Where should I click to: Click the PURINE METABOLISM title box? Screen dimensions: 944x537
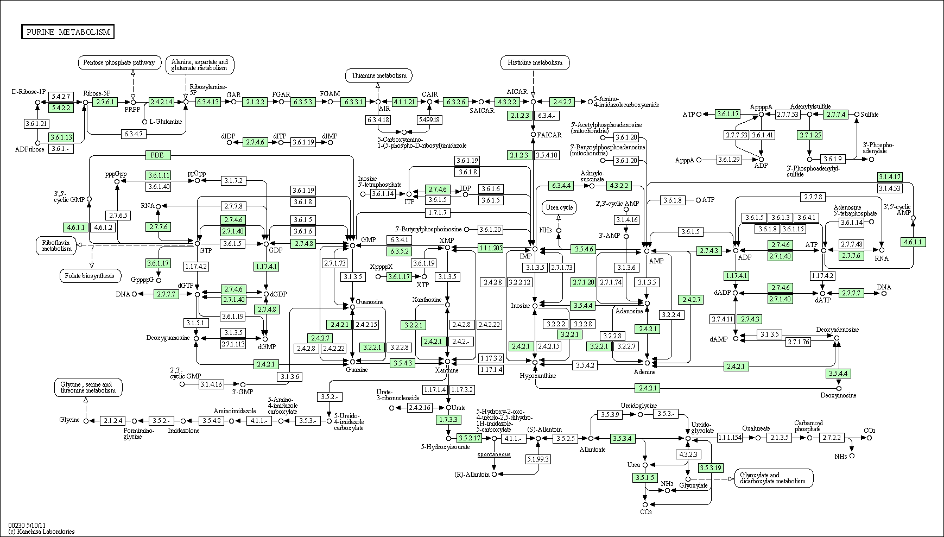point(68,32)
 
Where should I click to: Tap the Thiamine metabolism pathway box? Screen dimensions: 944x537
point(379,75)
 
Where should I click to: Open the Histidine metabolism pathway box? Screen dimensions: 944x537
point(535,62)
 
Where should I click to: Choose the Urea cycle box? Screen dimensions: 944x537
point(559,207)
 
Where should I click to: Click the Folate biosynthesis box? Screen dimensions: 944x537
point(90,276)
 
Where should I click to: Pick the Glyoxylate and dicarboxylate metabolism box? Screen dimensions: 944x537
point(774,478)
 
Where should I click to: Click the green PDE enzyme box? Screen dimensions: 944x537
point(157,155)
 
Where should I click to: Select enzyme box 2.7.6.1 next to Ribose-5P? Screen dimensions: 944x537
point(105,102)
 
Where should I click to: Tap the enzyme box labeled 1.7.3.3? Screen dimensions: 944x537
point(448,419)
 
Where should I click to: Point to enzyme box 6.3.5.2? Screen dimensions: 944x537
point(399,251)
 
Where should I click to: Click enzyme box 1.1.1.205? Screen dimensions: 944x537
point(490,248)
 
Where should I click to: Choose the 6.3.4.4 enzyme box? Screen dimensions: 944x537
point(561,186)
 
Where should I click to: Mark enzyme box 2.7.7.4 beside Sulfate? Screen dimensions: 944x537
point(836,115)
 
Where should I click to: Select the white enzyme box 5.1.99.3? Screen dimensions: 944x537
point(537,459)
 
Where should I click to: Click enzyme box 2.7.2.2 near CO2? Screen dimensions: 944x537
point(831,438)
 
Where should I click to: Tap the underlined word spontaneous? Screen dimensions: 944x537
point(494,454)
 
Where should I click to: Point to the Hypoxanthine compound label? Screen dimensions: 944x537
point(537,376)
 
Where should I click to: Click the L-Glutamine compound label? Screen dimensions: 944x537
point(166,122)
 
